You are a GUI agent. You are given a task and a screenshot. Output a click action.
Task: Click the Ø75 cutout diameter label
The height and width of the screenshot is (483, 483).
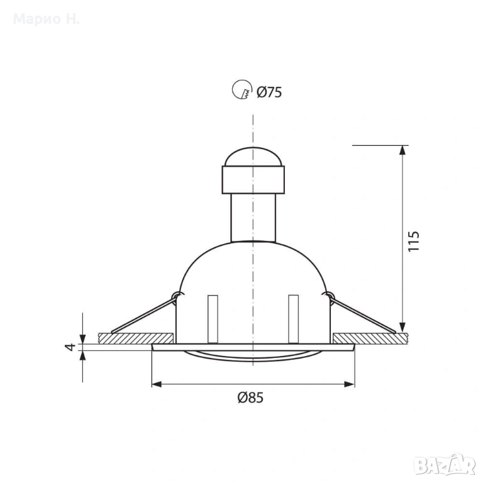(269, 92)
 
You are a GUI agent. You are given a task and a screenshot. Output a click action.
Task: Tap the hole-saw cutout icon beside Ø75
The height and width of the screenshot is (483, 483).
(241, 89)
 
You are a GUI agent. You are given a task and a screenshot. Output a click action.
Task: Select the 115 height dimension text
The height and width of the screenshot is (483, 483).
(414, 241)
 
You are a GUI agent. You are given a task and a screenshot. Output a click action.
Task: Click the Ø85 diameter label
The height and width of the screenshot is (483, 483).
(250, 397)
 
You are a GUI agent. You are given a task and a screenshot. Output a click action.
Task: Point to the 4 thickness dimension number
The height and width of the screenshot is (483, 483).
(70, 347)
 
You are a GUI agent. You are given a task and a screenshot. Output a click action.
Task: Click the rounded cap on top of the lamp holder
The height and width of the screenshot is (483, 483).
(253, 157)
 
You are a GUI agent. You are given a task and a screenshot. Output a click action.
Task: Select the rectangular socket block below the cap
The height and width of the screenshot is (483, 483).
(253, 180)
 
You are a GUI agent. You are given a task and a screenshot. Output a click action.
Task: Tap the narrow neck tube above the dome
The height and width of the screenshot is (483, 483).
(253, 218)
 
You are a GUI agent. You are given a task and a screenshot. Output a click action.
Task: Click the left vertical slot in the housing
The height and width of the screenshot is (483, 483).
(213, 319)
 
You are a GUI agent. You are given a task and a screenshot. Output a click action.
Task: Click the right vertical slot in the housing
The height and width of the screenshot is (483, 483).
(293, 319)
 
